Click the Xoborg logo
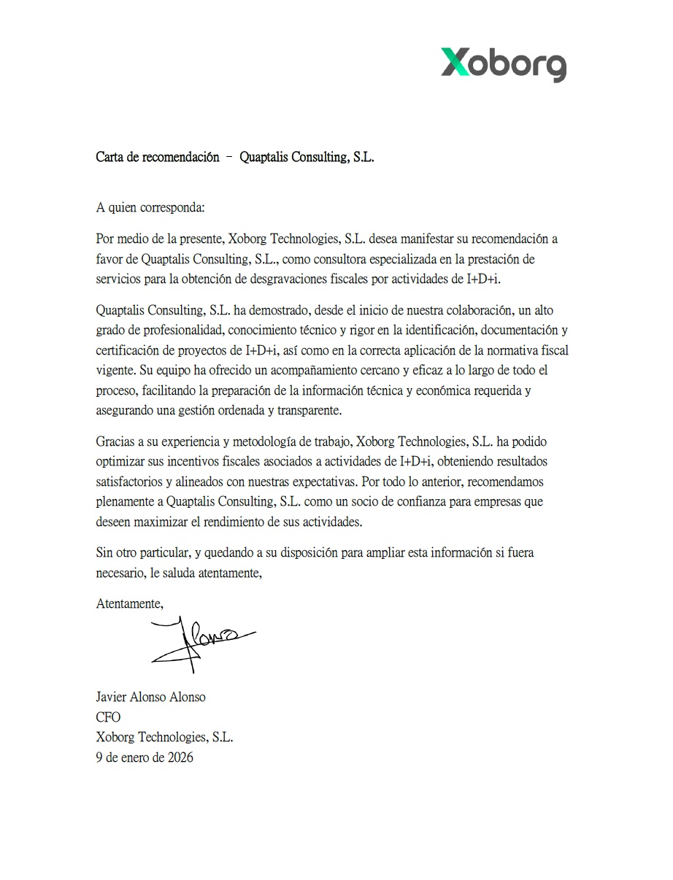503,63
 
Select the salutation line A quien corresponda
150,207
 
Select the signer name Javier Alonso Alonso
151,697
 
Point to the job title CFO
108,717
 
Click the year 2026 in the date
180,757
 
